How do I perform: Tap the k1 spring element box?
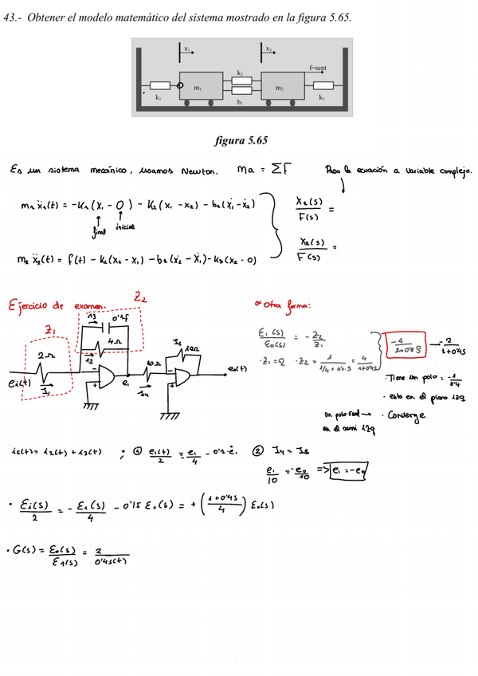(x=159, y=84)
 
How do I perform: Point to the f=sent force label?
(x=318, y=69)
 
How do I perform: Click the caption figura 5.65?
(x=240, y=140)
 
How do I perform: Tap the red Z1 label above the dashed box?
(x=49, y=329)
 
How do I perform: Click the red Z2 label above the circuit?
(x=140, y=297)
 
